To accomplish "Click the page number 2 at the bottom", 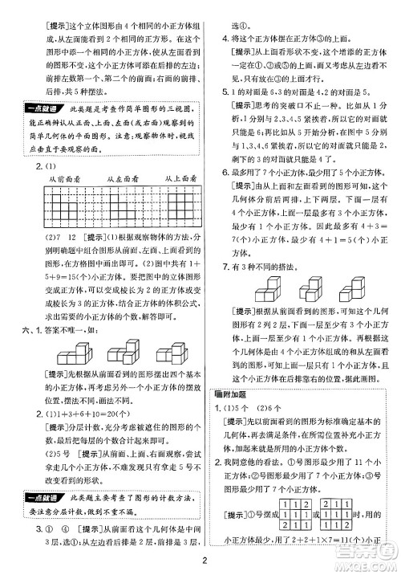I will pos(207,561).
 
